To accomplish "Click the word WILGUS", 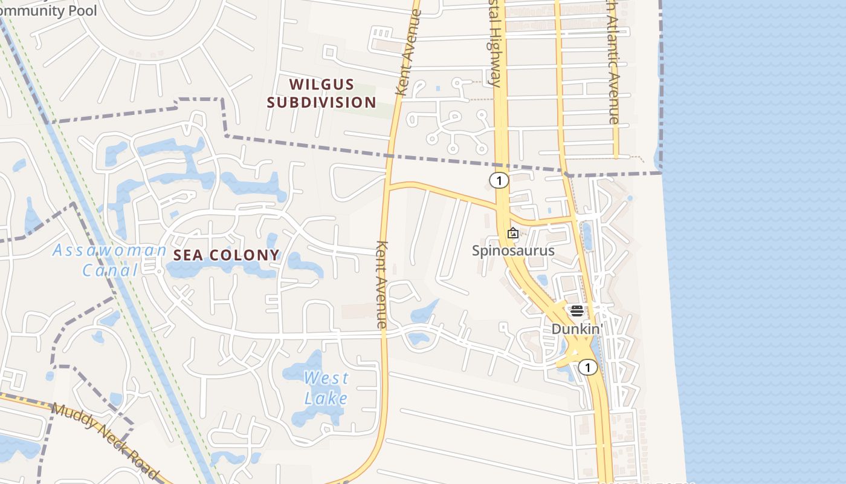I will click(x=321, y=84).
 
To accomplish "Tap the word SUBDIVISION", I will click(x=321, y=102).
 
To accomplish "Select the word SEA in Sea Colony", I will click(x=189, y=255).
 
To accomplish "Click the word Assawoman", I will click(x=110, y=250).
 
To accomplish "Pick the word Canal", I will click(x=111, y=270).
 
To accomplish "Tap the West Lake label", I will click(x=326, y=388).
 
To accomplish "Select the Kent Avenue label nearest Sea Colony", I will click(x=381, y=284).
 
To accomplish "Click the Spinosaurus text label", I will click(x=514, y=250).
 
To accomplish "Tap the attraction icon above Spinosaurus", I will click(x=513, y=232).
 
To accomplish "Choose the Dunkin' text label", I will click(x=577, y=329).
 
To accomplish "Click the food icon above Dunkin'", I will click(x=576, y=311).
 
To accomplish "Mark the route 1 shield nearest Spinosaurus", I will click(x=499, y=180).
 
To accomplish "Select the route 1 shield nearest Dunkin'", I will click(x=587, y=367).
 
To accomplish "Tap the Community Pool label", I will click(x=40, y=10).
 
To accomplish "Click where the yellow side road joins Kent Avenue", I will click(x=387, y=186).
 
